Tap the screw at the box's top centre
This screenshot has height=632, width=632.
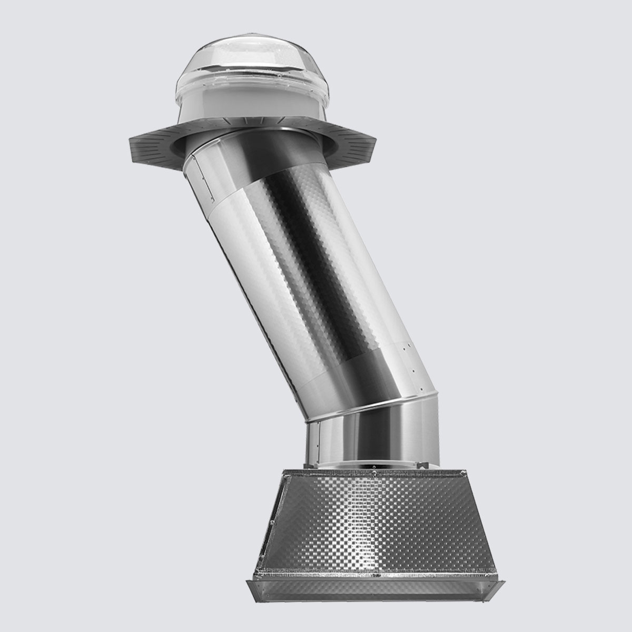pyautogui.click(x=372, y=473)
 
